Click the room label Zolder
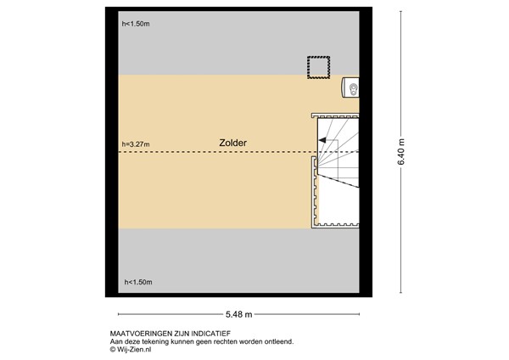click(231, 143)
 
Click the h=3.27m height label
click(136, 144)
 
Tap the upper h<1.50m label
click(136, 24)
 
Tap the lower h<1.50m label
click(137, 282)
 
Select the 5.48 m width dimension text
click(240, 311)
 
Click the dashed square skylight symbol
click(318, 67)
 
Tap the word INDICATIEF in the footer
click(210, 334)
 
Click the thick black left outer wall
click(111, 153)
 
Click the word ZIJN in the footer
click(180, 334)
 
